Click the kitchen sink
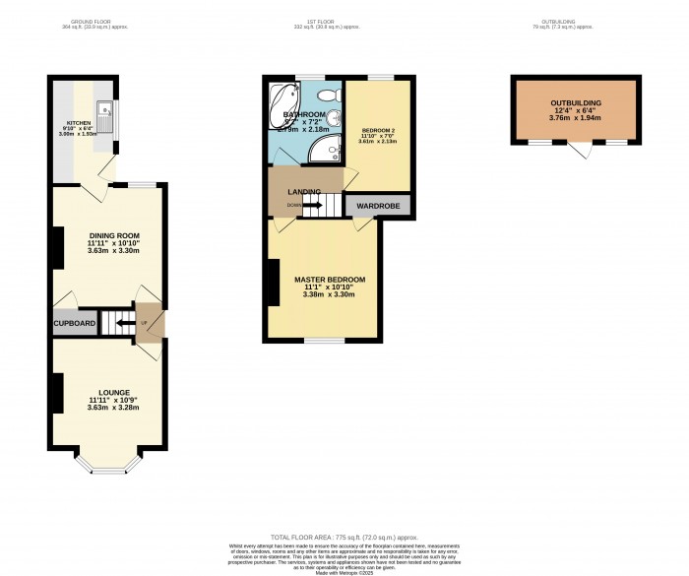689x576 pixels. [105, 110]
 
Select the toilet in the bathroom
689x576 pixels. [335, 94]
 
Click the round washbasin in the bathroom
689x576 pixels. [334, 120]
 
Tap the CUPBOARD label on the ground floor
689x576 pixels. [75, 323]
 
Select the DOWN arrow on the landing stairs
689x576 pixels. [293, 205]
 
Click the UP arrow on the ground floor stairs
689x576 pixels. [143, 322]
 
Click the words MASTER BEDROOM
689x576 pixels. [330, 280]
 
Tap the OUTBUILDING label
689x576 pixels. [576, 102]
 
